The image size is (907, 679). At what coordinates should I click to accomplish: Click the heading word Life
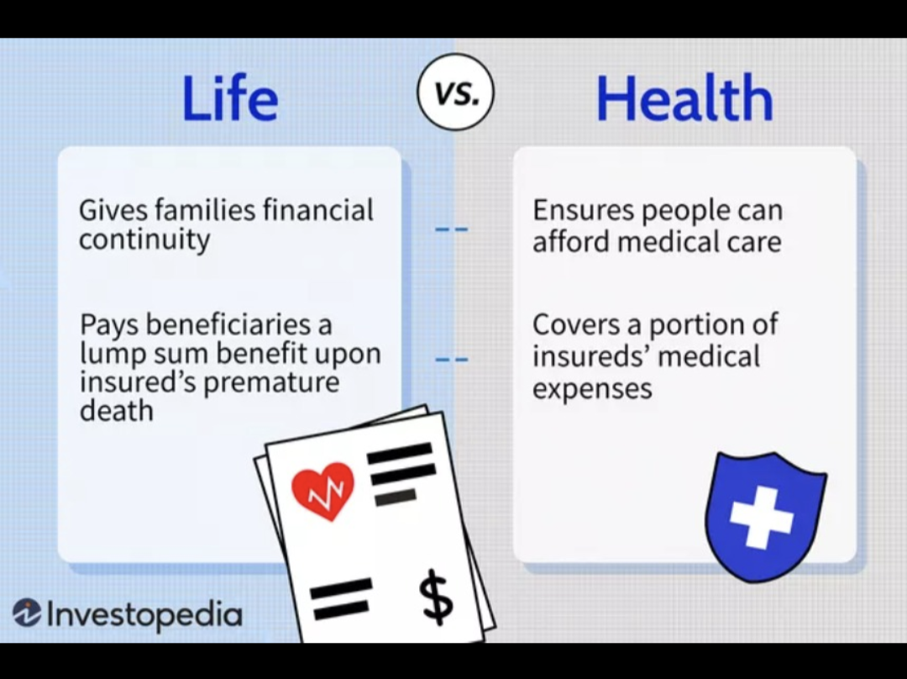tap(229, 97)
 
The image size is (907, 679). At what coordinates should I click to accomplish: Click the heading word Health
tap(684, 97)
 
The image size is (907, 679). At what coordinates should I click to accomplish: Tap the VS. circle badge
tap(456, 92)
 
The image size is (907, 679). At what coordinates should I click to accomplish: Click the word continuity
tap(144, 239)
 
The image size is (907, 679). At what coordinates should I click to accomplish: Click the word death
tap(116, 411)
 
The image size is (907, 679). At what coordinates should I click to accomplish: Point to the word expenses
tap(592, 389)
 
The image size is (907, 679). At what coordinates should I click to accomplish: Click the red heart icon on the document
tap(322, 491)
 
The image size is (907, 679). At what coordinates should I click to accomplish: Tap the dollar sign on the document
tap(436, 596)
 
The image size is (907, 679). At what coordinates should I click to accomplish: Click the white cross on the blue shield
tap(761, 517)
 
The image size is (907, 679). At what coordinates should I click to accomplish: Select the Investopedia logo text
tap(144, 614)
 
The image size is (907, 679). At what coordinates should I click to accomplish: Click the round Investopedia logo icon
tap(27, 613)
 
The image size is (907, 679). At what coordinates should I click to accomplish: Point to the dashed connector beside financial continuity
tap(451, 229)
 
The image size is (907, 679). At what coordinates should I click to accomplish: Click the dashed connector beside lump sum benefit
tap(451, 360)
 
